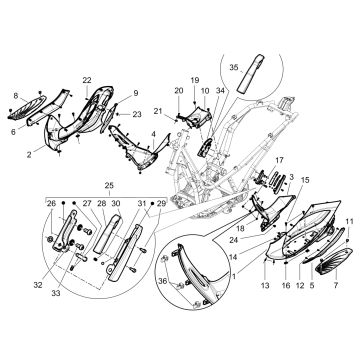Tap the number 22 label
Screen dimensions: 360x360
click(x=87, y=79)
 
